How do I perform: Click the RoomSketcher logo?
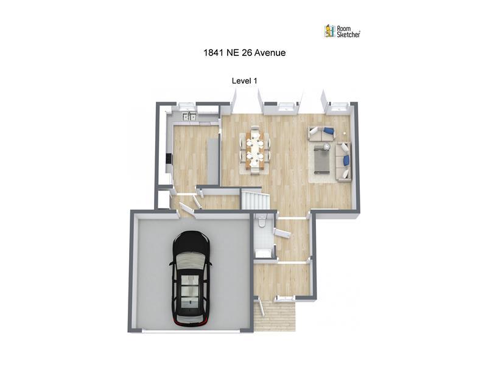(x=342, y=32)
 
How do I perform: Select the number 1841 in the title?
(x=214, y=53)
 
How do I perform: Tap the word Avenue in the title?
(x=270, y=53)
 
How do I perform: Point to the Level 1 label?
(x=245, y=81)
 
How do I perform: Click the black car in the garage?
(x=191, y=279)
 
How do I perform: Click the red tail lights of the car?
(x=191, y=324)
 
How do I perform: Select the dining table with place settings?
(x=255, y=150)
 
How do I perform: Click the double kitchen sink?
(x=189, y=116)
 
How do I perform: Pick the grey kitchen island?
(x=213, y=162)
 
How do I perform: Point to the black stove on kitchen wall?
(x=169, y=159)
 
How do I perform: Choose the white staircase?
(x=255, y=201)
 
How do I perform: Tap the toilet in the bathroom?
(x=261, y=221)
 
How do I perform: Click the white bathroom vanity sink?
(x=263, y=253)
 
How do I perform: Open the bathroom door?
(x=282, y=234)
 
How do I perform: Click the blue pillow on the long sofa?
(x=346, y=160)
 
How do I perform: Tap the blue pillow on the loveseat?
(x=329, y=130)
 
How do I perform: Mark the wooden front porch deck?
(x=275, y=315)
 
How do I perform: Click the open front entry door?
(x=262, y=307)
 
